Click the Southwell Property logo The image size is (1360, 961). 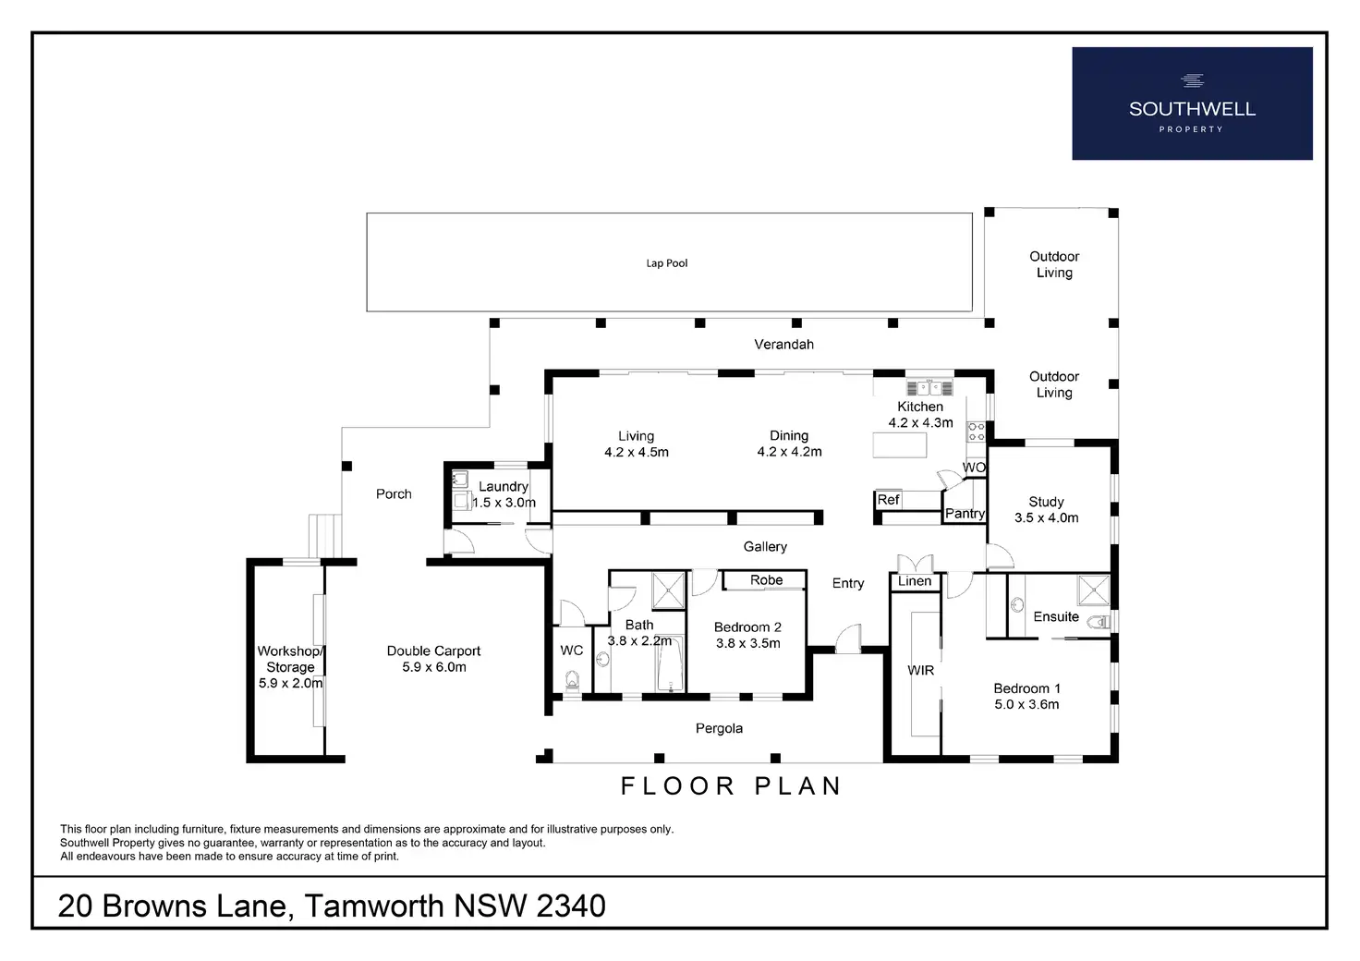1192,103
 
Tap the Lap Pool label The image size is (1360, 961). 667,262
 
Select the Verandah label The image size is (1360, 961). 783,345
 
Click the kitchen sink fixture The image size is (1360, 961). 929,386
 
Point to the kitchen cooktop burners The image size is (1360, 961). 977,432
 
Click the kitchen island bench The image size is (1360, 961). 900,445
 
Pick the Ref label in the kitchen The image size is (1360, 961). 888,500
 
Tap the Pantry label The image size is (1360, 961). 965,514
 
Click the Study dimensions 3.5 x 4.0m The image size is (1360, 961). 1047,517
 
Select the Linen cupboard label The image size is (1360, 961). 915,581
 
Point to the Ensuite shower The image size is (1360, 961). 1094,590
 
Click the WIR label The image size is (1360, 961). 920,670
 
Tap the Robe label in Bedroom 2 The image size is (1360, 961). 766,579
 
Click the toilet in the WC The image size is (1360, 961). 572,682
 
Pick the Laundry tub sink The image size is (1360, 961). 459,479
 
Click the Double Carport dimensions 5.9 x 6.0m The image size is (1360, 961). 434,667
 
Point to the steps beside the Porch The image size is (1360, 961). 325,535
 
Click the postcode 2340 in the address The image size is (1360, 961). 571,906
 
